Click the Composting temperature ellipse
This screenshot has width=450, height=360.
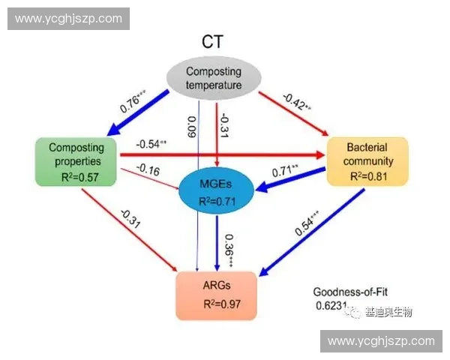tap(214, 79)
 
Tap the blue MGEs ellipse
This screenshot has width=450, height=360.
tap(215, 191)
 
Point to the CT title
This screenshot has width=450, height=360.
tap(214, 41)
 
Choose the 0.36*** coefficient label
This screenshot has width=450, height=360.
tap(229, 247)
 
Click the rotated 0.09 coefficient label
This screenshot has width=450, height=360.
tap(191, 127)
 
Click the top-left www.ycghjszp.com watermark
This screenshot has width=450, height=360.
tap(68, 18)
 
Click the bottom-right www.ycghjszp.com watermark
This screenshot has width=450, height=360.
tap(381, 341)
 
